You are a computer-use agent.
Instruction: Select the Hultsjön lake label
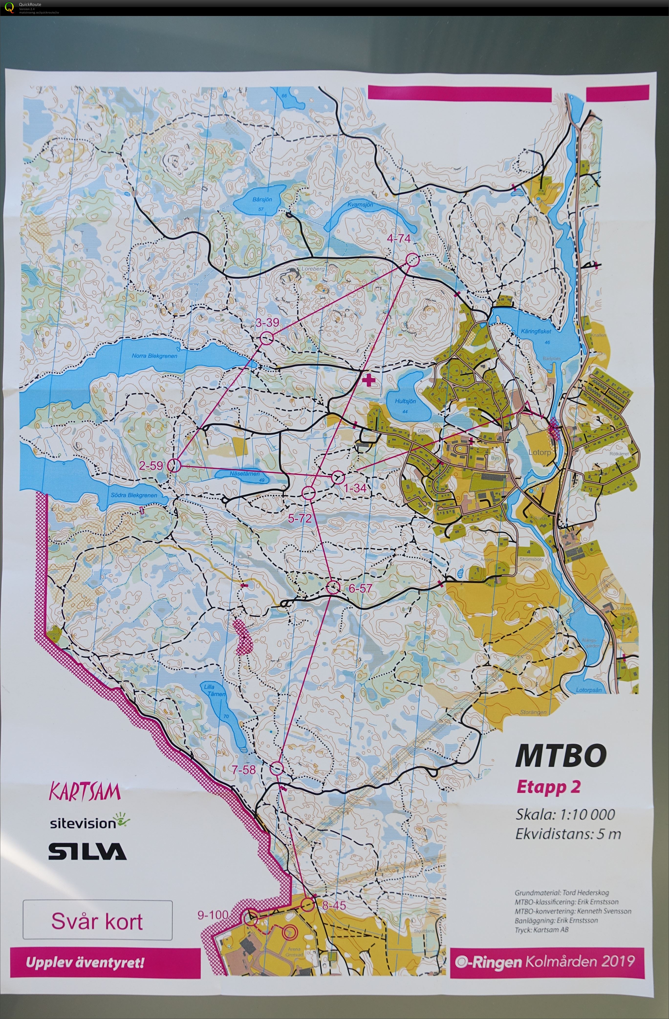pyautogui.click(x=405, y=402)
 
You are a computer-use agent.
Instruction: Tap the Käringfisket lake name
pyautogui.click(x=536, y=331)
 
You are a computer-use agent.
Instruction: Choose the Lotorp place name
pyautogui.click(x=539, y=452)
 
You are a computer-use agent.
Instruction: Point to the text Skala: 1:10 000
pyautogui.click(x=565, y=814)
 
